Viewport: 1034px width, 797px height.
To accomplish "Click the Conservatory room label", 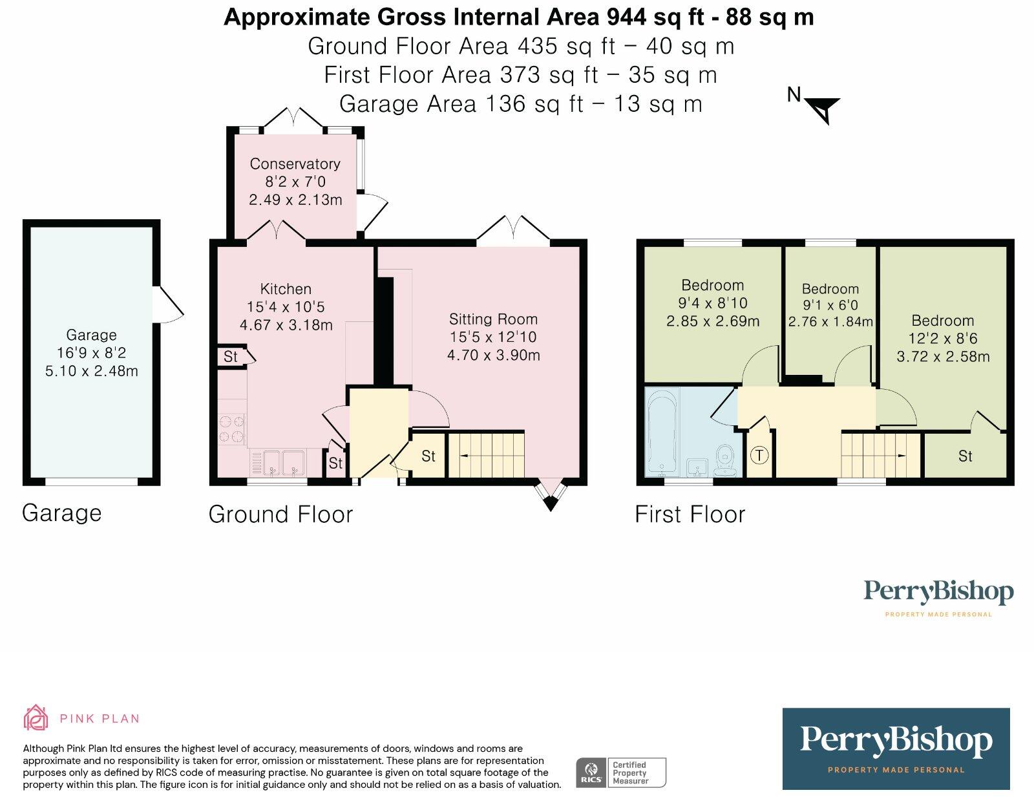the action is coord(295,164).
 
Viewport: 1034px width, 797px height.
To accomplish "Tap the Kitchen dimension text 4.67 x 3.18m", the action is coord(286,325).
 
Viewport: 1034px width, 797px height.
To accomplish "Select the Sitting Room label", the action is coord(494,319).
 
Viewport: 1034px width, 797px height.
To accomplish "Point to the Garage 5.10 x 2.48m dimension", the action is coord(91,370).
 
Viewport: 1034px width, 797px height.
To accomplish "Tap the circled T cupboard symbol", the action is coord(759,455).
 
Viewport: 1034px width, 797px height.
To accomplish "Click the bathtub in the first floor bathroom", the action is coord(662,432).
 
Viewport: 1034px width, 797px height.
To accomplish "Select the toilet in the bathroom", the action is coord(724,460).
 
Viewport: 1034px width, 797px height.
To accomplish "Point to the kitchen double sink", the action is coord(284,463).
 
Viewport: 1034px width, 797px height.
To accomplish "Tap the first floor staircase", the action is coord(880,455).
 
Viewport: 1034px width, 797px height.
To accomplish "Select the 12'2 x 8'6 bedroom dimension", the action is coord(943,338).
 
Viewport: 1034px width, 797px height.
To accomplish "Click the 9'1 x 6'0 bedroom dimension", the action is coord(830,305).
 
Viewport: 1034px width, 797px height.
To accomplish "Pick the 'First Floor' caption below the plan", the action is coord(690,515).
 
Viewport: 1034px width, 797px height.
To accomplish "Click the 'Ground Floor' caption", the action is coord(280,515).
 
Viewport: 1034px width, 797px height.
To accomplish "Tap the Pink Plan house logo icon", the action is coord(36,717).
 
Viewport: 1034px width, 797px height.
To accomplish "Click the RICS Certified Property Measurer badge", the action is coord(621,772).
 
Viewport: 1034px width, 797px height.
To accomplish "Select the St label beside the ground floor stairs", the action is coord(428,456).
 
